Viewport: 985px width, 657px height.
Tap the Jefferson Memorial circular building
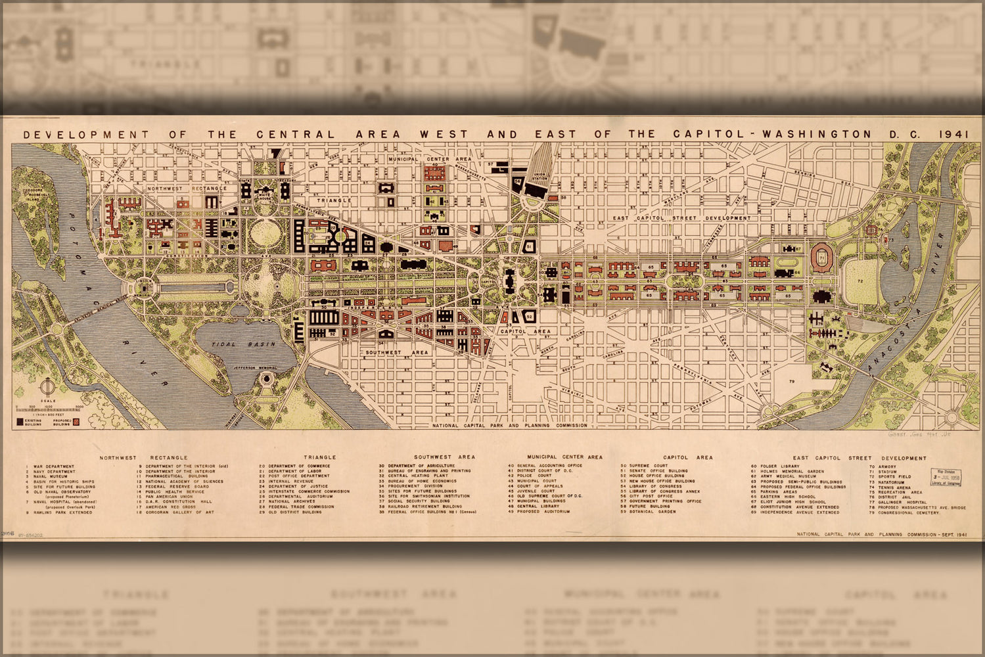click(266, 379)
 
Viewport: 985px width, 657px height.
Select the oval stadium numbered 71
click(821, 256)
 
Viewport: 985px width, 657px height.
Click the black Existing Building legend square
click(20, 421)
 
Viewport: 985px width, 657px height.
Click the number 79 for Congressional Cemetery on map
click(792, 381)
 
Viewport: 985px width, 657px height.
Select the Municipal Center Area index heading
click(564, 457)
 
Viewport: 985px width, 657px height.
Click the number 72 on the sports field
click(859, 281)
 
